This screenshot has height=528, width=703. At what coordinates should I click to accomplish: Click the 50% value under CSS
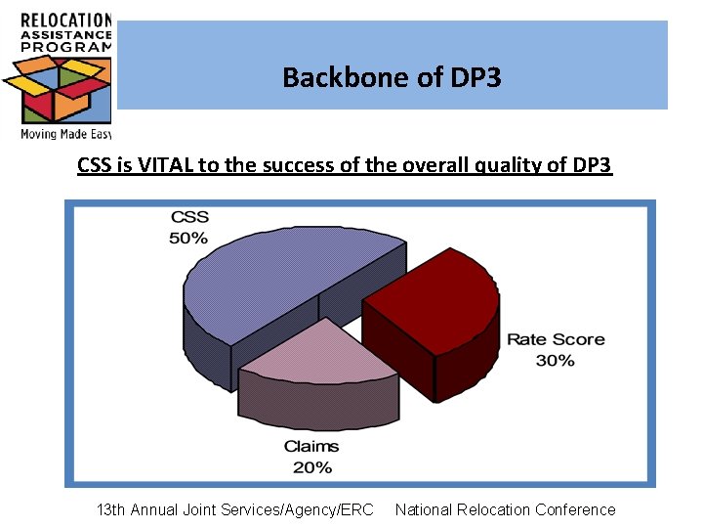tap(188, 238)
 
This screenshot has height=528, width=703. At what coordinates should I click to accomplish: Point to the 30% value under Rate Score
tap(555, 360)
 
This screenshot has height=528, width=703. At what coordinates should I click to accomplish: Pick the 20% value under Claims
tap(311, 466)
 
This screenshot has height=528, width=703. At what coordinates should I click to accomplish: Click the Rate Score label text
tap(555, 339)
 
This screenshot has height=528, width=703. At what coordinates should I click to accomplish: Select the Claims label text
tap(311, 447)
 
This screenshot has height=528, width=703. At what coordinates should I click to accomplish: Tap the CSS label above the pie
tap(189, 217)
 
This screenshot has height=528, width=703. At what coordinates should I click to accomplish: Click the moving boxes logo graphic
tap(57, 90)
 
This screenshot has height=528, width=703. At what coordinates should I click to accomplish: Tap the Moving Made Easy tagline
tap(65, 134)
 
